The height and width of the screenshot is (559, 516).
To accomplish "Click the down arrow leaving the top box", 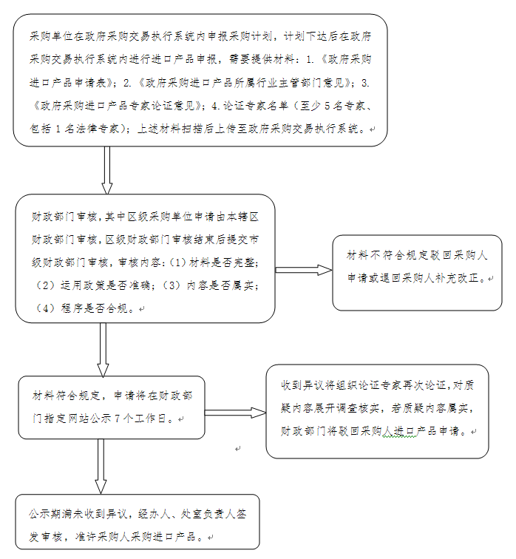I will (107, 169).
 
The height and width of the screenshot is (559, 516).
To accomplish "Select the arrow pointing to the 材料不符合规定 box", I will (303, 270).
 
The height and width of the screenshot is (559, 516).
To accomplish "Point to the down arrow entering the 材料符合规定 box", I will (103, 350).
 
